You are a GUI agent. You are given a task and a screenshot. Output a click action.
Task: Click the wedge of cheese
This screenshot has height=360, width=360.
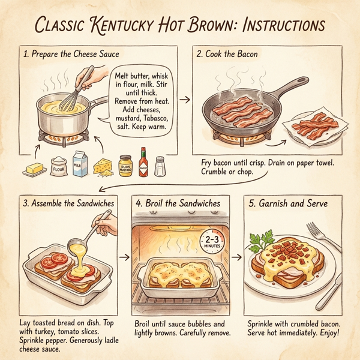coord(103,166)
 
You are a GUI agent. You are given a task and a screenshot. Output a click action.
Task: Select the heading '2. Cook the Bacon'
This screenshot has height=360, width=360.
coord(227,54)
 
